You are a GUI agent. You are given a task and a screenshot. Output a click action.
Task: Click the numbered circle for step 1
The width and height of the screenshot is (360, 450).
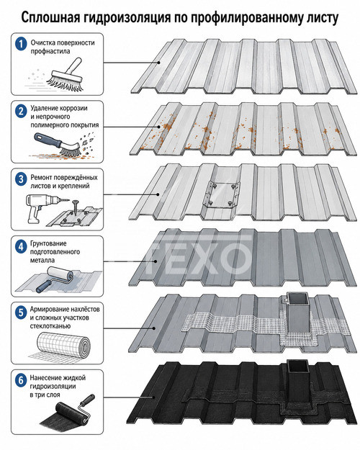tap(21, 44)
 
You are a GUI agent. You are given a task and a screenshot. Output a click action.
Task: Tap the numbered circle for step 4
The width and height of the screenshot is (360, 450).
tap(21, 246)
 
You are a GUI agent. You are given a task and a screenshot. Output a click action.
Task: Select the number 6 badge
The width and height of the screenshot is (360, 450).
tap(21, 381)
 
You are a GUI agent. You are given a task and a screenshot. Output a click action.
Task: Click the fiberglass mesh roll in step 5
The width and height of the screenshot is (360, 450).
tap(63, 345)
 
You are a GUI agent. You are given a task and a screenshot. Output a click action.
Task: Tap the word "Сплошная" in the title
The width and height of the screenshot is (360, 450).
tap(50, 18)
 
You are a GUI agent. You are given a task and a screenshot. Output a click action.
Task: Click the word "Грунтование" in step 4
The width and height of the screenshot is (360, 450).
tap(48, 243)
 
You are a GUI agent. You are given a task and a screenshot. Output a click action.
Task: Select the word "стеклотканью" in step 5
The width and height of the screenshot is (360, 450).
tap(50, 326)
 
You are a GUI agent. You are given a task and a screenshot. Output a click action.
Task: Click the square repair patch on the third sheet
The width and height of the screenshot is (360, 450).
tap(221, 194)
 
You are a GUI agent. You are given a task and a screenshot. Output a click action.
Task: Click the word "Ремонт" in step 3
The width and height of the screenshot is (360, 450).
tap(41, 178)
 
